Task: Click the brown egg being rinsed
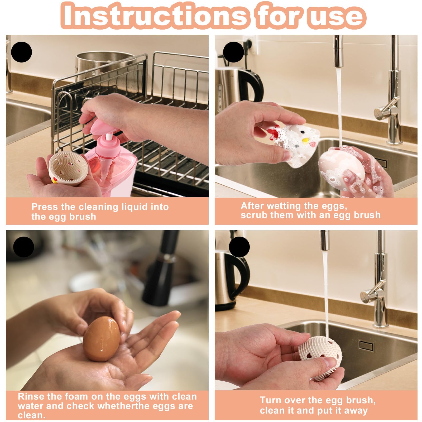click(x=102, y=339)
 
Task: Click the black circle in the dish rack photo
click(x=21, y=52)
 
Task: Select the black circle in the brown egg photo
click(x=23, y=247)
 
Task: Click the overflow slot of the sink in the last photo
click(x=367, y=346)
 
